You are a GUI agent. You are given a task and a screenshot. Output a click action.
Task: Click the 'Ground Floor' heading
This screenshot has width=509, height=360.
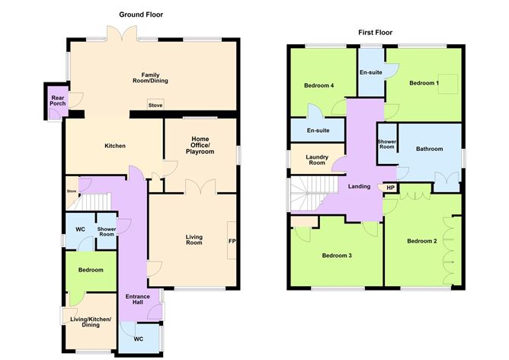coord(141,14)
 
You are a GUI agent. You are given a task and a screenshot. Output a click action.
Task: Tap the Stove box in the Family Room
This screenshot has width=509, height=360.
coord(155,106)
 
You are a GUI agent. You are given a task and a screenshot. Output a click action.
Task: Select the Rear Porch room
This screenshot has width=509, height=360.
coord(57,102)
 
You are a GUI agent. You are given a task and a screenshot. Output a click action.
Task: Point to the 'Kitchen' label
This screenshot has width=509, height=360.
coord(114,146)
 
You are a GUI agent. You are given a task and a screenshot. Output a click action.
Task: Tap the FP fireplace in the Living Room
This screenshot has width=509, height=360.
coord(232,242)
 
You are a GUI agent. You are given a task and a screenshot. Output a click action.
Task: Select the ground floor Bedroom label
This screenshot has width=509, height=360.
coord(90,270)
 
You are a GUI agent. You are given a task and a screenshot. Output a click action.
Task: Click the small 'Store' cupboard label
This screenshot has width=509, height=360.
coord(72,191)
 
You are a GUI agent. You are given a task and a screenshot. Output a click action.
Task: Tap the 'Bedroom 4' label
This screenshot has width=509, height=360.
coord(319,85)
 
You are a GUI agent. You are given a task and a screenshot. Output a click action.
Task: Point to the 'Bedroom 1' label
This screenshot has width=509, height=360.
coord(424,82)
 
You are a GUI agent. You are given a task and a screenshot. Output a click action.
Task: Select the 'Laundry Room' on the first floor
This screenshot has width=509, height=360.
coord(316,160)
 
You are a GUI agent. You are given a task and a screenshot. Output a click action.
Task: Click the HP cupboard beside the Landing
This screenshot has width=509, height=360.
coord(390,188)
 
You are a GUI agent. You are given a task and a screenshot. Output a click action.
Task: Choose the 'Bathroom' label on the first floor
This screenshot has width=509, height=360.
coord(429,149)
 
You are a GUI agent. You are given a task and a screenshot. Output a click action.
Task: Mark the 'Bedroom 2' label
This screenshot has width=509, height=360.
coord(421,242)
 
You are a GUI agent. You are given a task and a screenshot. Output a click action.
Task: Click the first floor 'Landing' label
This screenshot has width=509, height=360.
coord(359,186)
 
